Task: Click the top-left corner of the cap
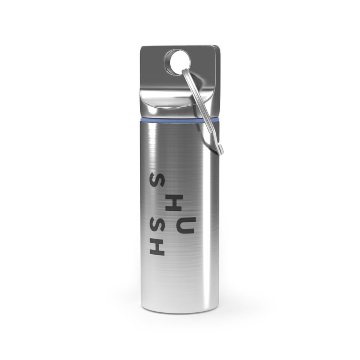click(142, 47)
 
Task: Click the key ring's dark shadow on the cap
click(195, 84)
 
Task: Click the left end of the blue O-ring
click(142, 119)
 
